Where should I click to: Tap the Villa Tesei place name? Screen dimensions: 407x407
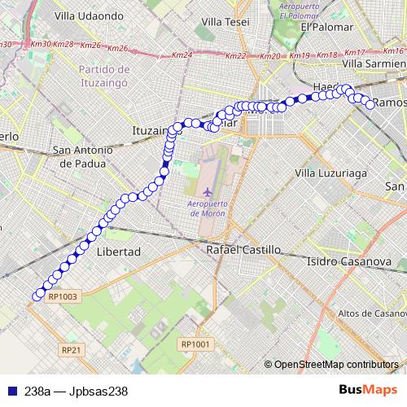[x=225, y=21]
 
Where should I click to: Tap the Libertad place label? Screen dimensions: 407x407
[x=119, y=252]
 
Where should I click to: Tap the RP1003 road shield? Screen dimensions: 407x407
[x=62, y=297]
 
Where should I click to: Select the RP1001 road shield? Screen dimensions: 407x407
[x=195, y=344]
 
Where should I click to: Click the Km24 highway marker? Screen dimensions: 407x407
[x=182, y=55]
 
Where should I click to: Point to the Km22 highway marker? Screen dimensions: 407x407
[x=234, y=56]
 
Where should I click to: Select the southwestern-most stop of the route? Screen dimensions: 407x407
[x=37, y=295]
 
